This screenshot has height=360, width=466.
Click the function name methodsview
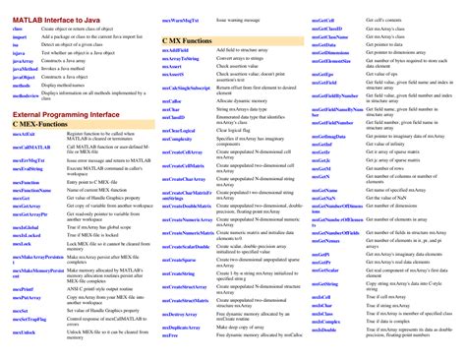pos(28,97)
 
